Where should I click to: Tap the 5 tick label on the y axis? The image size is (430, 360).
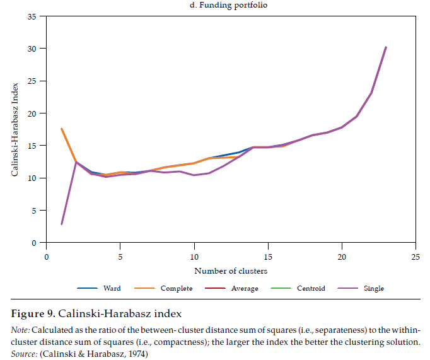34,211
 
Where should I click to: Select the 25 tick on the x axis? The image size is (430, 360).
415,257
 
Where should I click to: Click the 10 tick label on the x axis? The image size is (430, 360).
194,257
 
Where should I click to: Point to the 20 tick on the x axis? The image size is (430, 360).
341,257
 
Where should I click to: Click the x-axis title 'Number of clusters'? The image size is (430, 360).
231,271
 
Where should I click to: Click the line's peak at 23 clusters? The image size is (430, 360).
385,47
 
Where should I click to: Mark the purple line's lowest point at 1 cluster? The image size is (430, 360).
61,224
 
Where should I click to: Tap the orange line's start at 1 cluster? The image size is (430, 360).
61,129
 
